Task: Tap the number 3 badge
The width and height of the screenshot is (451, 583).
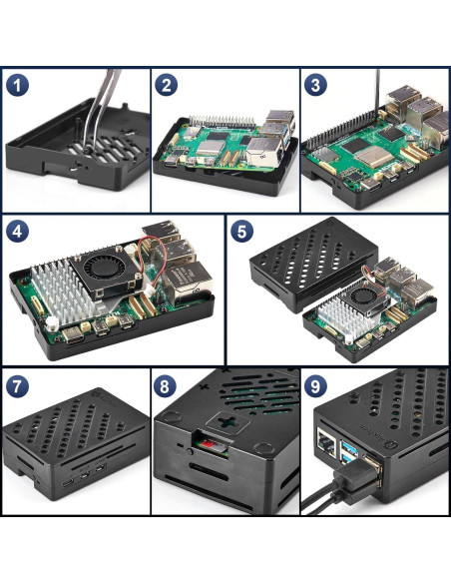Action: (317, 86)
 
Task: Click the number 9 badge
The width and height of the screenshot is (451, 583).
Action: (317, 385)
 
